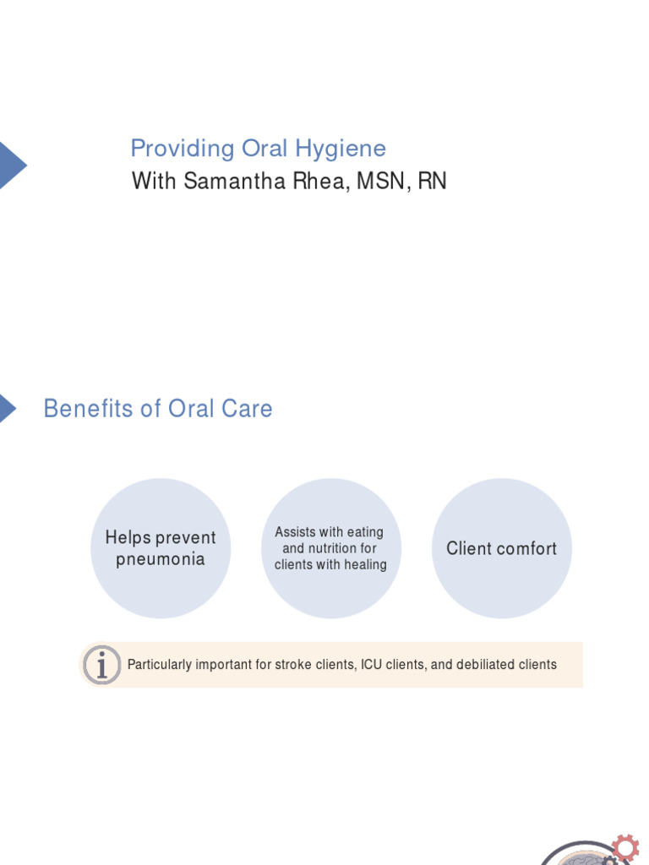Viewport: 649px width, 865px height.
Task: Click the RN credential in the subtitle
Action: (432, 181)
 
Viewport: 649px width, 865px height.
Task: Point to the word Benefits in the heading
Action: (89, 409)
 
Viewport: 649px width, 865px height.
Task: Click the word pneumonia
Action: (161, 559)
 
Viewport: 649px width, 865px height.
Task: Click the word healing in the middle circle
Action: (365, 564)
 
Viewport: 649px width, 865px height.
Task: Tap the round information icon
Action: (102, 665)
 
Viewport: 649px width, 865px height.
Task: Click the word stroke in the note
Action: (294, 665)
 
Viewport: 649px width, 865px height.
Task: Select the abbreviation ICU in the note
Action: (372, 665)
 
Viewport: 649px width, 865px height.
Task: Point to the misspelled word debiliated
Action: (485, 665)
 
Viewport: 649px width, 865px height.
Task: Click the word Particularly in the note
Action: (160, 665)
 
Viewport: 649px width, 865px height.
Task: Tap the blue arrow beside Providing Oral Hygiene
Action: (11, 165)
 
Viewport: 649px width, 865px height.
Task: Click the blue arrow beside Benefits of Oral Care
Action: (7, 408)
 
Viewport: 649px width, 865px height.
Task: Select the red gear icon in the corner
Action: (624, 847)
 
